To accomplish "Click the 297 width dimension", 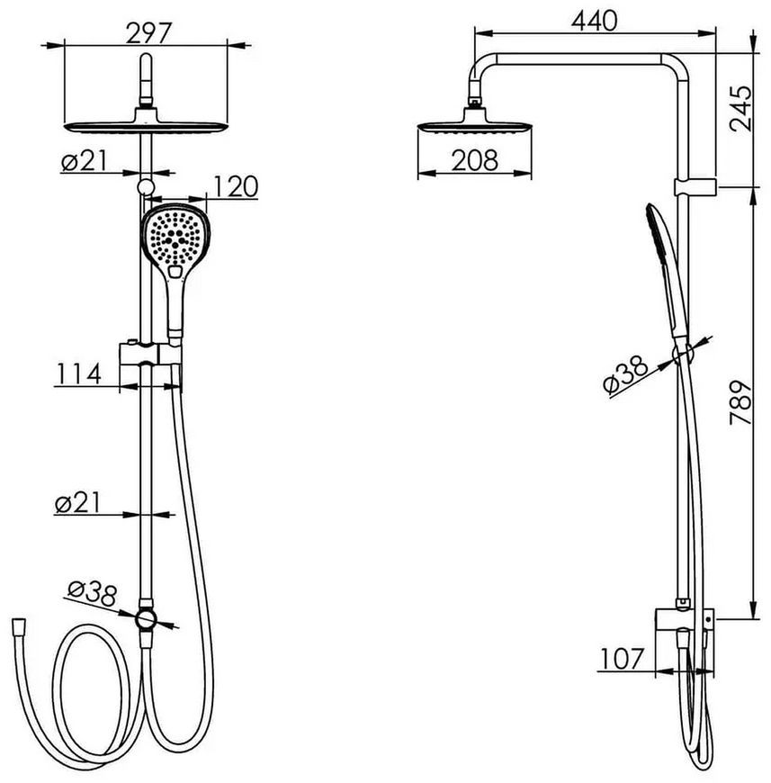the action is (148, 33).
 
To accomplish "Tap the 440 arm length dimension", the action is (594, 22).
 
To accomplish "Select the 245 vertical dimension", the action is (740, 108).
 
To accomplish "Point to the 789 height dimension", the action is (740, 402).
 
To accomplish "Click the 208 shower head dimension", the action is (475, 161).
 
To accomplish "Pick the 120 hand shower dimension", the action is (236, 187).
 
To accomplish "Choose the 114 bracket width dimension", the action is (79, 374).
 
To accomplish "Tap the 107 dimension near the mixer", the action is (623, 659).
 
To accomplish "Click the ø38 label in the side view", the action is (624, 374).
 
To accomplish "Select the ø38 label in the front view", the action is (92, 594).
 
